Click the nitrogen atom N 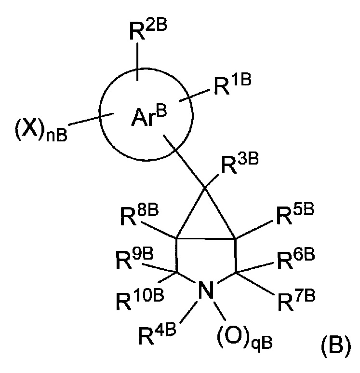[x=206, y=291]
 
